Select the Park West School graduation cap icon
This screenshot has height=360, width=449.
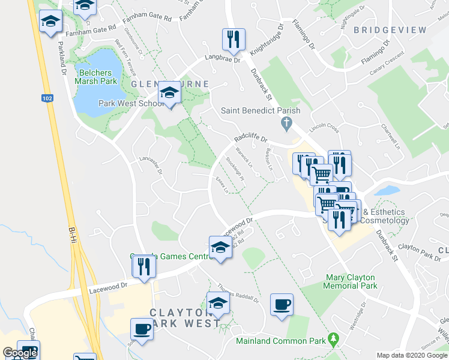tap(169, 92)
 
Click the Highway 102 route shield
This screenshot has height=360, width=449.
tap(47, 97)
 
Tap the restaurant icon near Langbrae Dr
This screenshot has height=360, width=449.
tap(232, 40)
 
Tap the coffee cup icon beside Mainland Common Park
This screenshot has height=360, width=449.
tap(282, 305)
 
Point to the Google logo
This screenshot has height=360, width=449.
tap(20, 353)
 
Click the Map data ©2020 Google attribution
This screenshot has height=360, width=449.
tap(411, 355)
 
